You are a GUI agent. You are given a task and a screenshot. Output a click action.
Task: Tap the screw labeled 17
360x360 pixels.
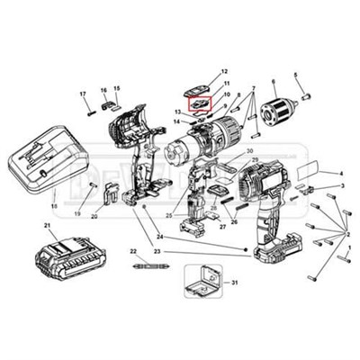(91, 112)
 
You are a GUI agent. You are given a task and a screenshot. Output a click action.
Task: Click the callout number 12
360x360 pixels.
(224, 71)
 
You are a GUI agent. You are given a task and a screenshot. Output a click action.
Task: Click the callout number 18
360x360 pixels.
(52, 205)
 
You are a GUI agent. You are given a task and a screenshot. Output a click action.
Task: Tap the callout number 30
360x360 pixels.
(251, 150)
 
